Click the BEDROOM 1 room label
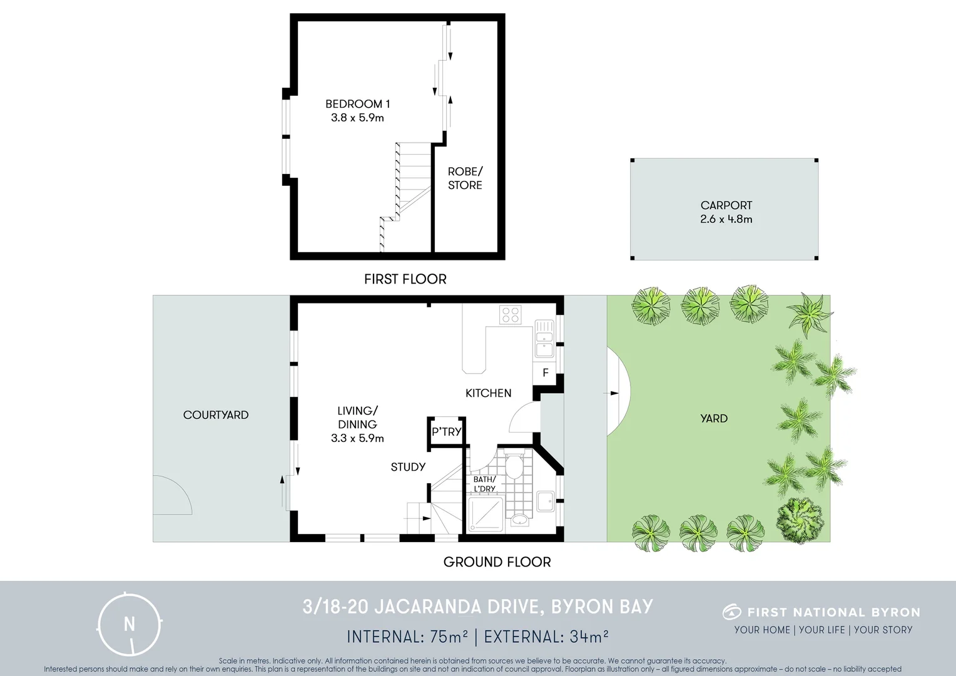pyautogui.click(x=357, y=104)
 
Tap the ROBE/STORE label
pyautogui.click(x=465, y=178)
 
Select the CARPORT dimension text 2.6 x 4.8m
pyautogui.click(x=726, y=219)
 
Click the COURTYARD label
pyautogui.click(x=216, y=415)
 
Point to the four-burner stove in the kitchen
pyautogui.click(x=511, y=314)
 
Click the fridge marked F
pyautogui.click(x=546, y=372)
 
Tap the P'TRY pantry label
pyautogui.click(x=447, y=431)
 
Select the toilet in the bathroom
pyautogui.click(x=514, y=466)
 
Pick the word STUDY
pyautogui.click(x=408, y=467)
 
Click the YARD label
pyautogui.click(x=714, y=418)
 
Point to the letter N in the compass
pyautogui.click(x=130, y=624)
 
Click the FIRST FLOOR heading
pyautogui.click(x=405, y=279)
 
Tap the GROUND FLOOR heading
pyautogui.click(x=497, y=562)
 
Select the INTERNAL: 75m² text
pyautogui.click(x=407, y=637)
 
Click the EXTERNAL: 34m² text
pyautogui.click(x=546, y=637)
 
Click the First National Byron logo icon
pyautogui.click(x=731, y=612)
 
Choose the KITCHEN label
pyautogui.click(x=488, y=393)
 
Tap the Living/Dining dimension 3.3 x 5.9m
pyautogui.click(x=357, y=438)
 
